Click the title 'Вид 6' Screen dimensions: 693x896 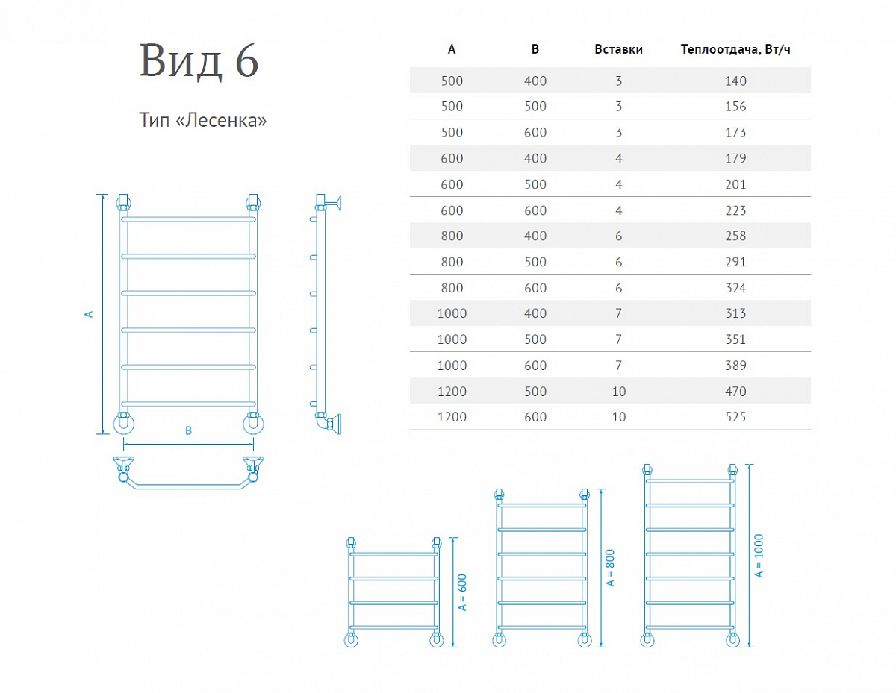199,62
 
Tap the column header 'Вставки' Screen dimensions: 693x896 618,50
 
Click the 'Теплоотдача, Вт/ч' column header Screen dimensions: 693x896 735,50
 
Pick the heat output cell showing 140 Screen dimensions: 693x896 735,81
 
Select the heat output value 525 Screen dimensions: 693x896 735,417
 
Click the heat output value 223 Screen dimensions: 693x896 735,210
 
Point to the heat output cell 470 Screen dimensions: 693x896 735,391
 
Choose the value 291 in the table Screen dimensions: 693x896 735,262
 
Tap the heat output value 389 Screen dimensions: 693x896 735,366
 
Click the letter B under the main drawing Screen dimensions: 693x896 189,430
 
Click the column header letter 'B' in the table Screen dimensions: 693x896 535,50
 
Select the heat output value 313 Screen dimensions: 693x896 735,313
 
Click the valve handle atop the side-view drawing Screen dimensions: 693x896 337,201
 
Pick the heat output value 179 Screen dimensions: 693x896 735,158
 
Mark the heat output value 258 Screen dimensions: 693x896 735,236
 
